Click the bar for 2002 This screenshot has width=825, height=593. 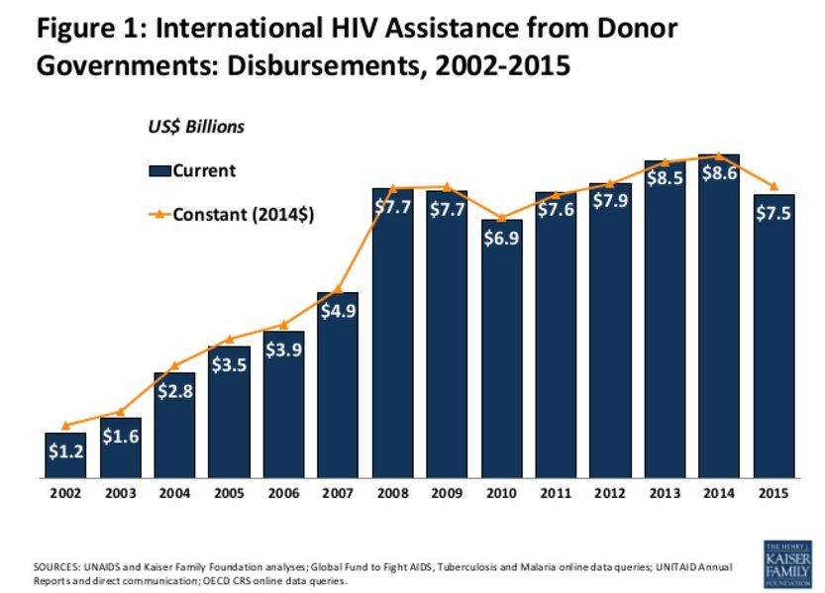click(65, 454)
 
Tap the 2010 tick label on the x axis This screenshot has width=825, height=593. click(501, 492)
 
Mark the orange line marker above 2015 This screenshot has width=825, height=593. click(773, 187)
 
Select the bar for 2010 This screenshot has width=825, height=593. click(501, 346)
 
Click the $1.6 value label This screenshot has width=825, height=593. click(120, 437)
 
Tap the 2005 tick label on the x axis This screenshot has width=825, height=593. click(229, 492)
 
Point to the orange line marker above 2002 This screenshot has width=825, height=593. click(65, 426)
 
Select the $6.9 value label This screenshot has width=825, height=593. click(501, 239)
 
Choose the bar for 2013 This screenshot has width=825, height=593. click(665, 317)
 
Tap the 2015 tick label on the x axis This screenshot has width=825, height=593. click(773, 492)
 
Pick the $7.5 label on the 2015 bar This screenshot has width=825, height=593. click(773, 214)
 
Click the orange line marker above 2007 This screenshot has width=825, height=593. click(338, 289)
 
